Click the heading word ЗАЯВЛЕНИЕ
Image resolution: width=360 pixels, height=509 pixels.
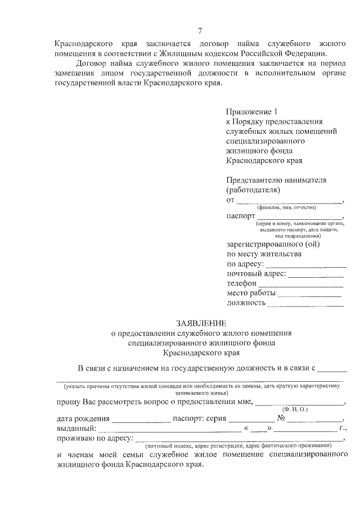point(201,323)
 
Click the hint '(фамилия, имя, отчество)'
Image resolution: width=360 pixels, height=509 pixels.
point(287,208)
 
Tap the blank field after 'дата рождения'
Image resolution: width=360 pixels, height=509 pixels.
point(141,421)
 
